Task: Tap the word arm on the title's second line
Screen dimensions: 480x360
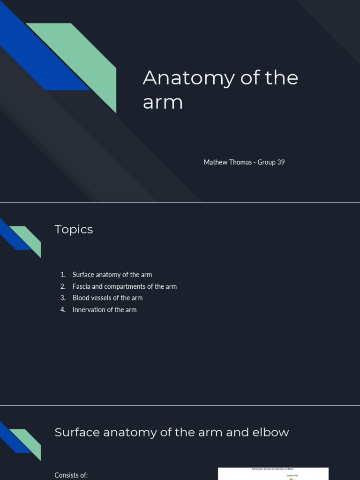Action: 162,102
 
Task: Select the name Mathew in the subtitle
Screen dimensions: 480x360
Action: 215,162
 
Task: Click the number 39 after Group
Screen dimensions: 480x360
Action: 281,162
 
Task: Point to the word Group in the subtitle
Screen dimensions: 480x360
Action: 266,162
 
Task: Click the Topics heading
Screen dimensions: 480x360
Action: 74,229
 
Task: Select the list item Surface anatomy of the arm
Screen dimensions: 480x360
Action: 112,275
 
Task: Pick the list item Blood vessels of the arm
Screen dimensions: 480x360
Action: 107,298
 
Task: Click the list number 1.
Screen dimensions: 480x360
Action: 63,275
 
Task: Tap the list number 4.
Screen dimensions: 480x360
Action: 63,309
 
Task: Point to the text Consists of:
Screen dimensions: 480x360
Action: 71,475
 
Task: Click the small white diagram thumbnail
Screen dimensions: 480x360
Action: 273,473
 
